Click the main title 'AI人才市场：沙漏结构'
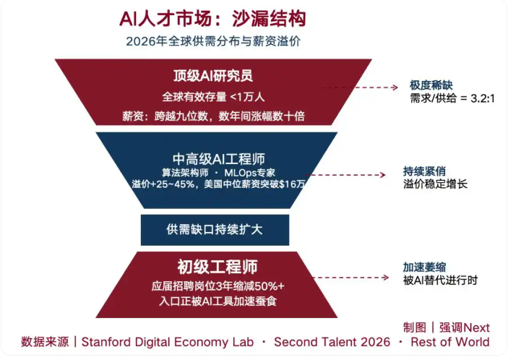pyautogui.click(x=212, y=19)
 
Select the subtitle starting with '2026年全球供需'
pyautogui.click(x=213, y=41)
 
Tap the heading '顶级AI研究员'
pyautogui.click(x=213, y=76)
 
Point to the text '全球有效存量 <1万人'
pyautogui.click(x=213, y=97)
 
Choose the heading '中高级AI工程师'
pyautogui.click(x=219, y=159)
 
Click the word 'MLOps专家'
pyautogui.click(x=249, y=172)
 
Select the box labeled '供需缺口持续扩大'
pyautogui.click(x=215, y=230)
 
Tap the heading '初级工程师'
pyautogui.click(x=218, y=267)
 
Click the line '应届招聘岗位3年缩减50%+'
pyautogui.click(x=218, y=286)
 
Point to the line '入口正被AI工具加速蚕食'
pyautogui.click(x=218, y=301)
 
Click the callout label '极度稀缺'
pyautogui.click(x=431, y=85)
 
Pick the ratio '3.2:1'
pyautogui.click(x=483, y=98)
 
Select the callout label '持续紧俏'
pyautogui.click(x=424, y=171)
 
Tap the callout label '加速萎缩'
pyautogui.click(x=424, y=267)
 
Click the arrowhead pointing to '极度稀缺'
pyautogui.click(x=395, y=87)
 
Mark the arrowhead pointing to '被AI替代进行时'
pyautogui.click(x=386, y=278)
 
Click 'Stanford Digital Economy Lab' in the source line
pyautogui.click(x=168, y=342)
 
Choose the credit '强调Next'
pyautogui.click(x=464, y=327)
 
